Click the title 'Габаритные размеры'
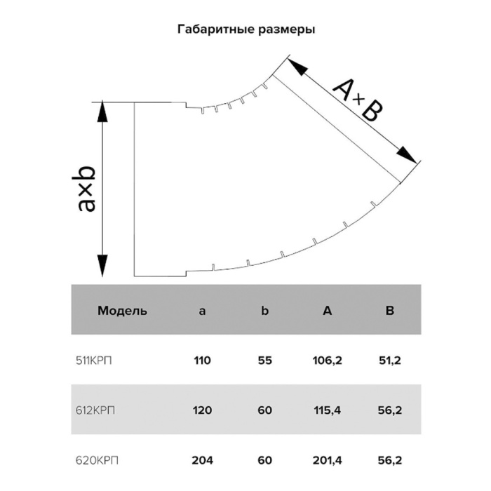click(246, 29)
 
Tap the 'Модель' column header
click(122, 311)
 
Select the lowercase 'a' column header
click(202, 311)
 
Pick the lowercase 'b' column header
click(265, 310)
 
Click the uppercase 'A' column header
click(328, 310)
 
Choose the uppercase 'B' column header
click(390, 310)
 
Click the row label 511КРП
click(93, 361)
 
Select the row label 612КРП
click(95, 410)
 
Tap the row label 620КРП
click(97, 460)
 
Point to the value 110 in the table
click(202, 361)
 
